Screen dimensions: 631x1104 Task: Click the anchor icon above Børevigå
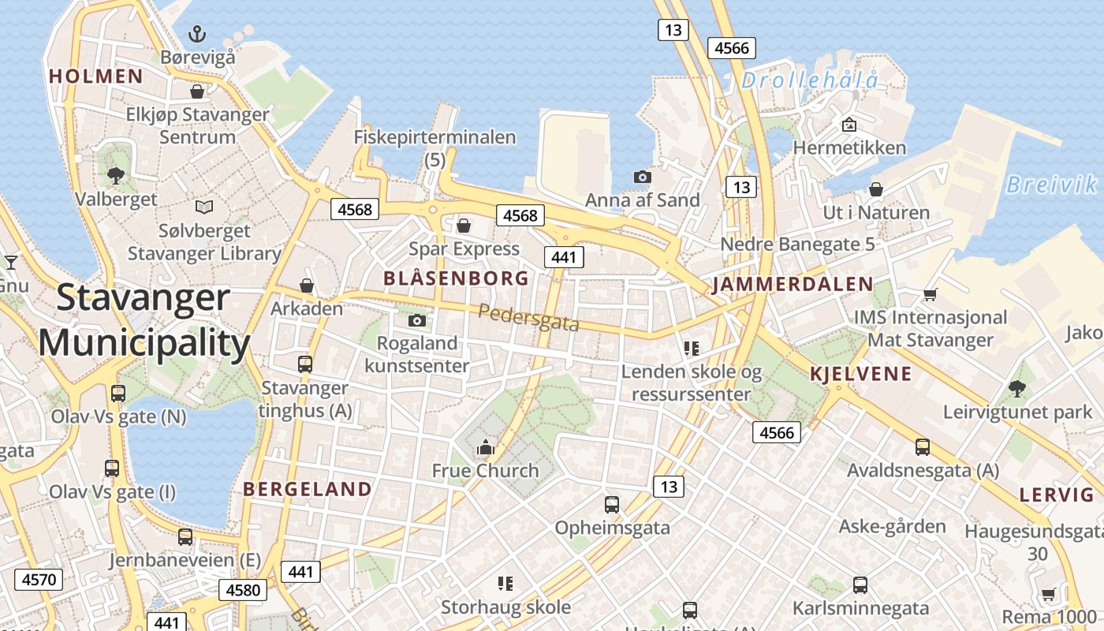(x=197, y=33)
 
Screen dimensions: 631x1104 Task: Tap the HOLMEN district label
(x=96, y=77)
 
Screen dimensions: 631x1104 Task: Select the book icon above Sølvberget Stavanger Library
(x=204, y=207)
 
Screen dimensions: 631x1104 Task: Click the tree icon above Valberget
(x=116, y=175)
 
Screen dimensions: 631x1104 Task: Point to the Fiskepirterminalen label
(x=435, y=137)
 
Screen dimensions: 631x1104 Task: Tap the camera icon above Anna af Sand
(x=643, y=177)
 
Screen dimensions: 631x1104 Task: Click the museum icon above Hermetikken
(x=849, y=124)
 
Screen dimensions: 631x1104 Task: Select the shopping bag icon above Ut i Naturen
(x=875, y=189)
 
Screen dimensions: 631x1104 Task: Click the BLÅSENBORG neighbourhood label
(x=456, y=278)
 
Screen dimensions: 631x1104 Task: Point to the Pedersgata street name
(x=528, y=317)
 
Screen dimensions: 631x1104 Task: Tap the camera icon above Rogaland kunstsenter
(x=417, y=320)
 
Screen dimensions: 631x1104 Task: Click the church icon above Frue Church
(x=485, y=448)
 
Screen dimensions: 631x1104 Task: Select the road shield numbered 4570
(x=39, y=581)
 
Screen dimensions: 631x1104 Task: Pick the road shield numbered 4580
(x=243, y=589)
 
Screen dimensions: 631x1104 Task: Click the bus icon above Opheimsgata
(x=611, y=505)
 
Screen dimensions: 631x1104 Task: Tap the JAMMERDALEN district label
(x=793, y=285)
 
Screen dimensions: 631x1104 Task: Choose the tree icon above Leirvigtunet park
(x=1017, y=388)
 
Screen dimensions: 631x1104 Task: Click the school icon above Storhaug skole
(x=505, y=584)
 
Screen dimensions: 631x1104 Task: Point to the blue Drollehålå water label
(x=810, y=80)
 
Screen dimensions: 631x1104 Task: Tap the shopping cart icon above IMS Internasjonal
(x=930, y=294)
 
